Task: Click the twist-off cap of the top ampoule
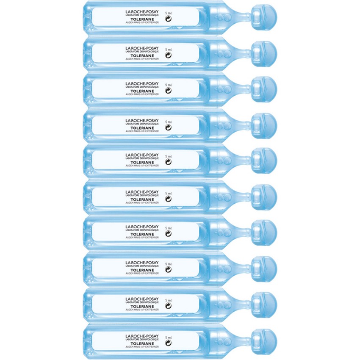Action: [264, 17]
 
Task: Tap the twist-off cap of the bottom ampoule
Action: [264, 342]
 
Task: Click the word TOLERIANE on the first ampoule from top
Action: [142, 19]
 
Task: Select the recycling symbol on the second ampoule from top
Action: [168, 55]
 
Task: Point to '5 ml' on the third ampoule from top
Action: [168, 85]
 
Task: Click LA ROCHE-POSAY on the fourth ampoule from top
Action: [142, 121]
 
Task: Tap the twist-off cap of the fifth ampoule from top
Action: [264, 161]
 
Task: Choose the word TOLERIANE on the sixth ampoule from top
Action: [142, 199]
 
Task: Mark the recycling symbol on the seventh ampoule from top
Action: [168, 234]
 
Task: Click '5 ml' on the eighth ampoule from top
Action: [168, 264]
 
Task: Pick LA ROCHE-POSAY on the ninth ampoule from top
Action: [142, 299]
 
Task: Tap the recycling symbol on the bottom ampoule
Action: [168, 343]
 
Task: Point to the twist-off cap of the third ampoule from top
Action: [264, 89]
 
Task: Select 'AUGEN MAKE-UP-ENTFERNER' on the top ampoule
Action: [142, 22]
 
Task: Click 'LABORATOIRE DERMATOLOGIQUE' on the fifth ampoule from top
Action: [142, 158]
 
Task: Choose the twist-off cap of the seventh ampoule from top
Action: [264, 233]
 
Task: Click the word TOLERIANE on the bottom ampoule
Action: [142, 344]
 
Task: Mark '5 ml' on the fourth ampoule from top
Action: [168, 122]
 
